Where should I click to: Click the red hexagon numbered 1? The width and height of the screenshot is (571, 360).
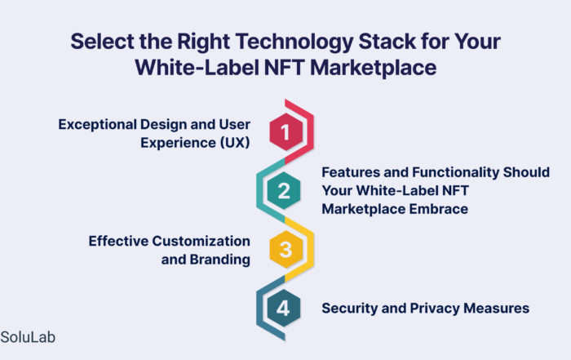285,131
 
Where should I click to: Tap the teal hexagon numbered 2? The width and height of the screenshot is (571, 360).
284,190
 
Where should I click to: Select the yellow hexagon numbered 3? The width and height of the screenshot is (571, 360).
285,250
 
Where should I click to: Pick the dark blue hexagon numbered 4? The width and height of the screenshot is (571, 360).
284,309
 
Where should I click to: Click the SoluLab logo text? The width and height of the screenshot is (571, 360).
28,337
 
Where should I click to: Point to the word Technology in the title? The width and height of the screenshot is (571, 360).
294,42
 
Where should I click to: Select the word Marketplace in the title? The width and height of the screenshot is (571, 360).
374,69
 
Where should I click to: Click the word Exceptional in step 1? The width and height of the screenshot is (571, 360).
97,125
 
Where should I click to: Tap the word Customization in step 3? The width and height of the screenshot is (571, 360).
201,241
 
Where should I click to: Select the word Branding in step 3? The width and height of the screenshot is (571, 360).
219,260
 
